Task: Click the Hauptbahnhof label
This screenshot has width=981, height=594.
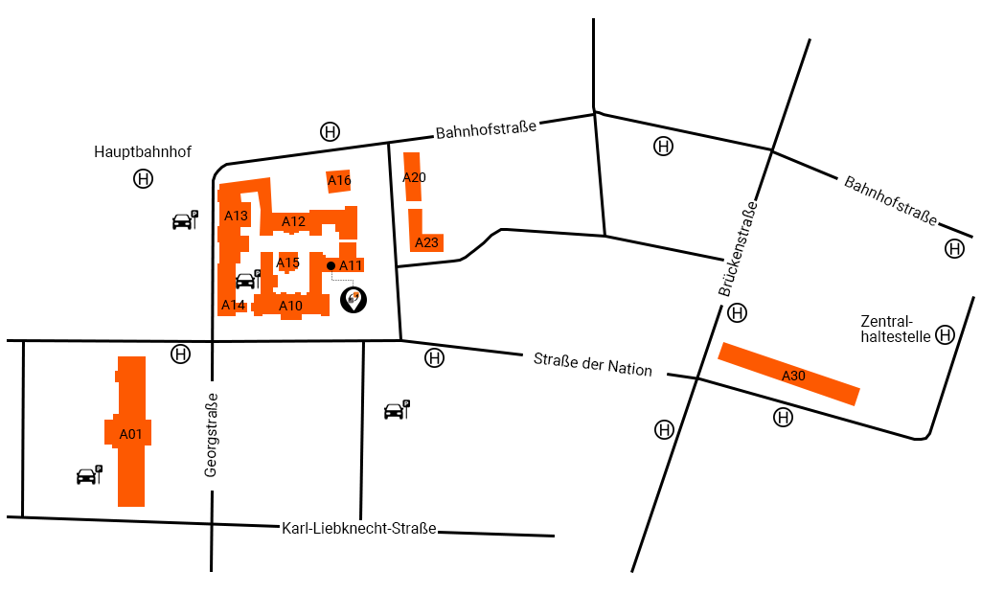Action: click(x=143, y=152)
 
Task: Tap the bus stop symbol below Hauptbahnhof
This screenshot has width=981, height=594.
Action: click(x=143, y=179)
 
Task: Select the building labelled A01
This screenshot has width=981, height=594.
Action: click(x=131, y=433)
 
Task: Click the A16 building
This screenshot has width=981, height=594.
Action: click(x=339, y=180)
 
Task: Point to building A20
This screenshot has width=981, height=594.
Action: click(x=413, y=177)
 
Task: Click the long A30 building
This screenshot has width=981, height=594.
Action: click(x=788, y=374)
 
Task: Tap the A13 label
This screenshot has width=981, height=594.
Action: click(x=236, y=216)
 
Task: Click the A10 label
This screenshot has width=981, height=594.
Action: click(x=290, y=306)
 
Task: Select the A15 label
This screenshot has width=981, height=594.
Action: click(x=288, y=263)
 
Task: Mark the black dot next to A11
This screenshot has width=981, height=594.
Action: click(x=331, y=265)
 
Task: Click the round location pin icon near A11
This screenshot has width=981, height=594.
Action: click(x=354, y=301)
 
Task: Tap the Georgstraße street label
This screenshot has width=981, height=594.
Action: click(x=212, y=435)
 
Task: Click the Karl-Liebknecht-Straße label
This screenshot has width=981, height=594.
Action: click(x=359, y=528)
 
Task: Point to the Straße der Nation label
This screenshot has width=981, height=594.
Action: click(x=592, y=364)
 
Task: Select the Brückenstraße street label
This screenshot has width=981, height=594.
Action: click(x=738, y=248)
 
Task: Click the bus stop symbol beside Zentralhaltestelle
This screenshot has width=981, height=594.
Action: click(x=946, y=334)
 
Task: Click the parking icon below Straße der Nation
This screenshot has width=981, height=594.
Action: click(x=396, y=410)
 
